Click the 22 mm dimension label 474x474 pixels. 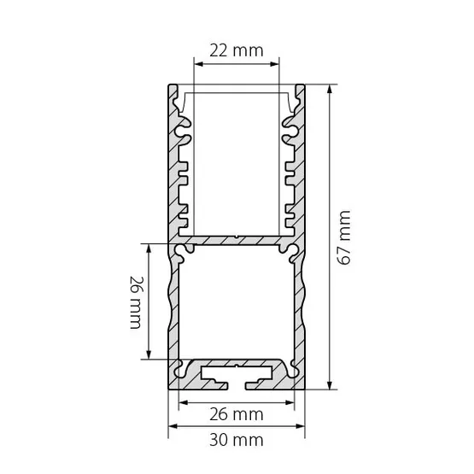(237, 50)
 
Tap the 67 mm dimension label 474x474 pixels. (344, 238)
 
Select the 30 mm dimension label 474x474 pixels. (237, 440)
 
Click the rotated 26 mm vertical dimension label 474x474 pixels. (136, 302)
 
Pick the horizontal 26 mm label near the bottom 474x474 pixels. (237, 414)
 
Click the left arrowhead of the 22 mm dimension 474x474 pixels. (198, 64)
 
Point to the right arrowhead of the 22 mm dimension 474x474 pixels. (275, 64)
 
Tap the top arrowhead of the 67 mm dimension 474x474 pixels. (330, 89)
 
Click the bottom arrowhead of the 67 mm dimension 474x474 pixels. (330, 385)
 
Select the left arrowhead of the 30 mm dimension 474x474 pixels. (173, 426)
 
